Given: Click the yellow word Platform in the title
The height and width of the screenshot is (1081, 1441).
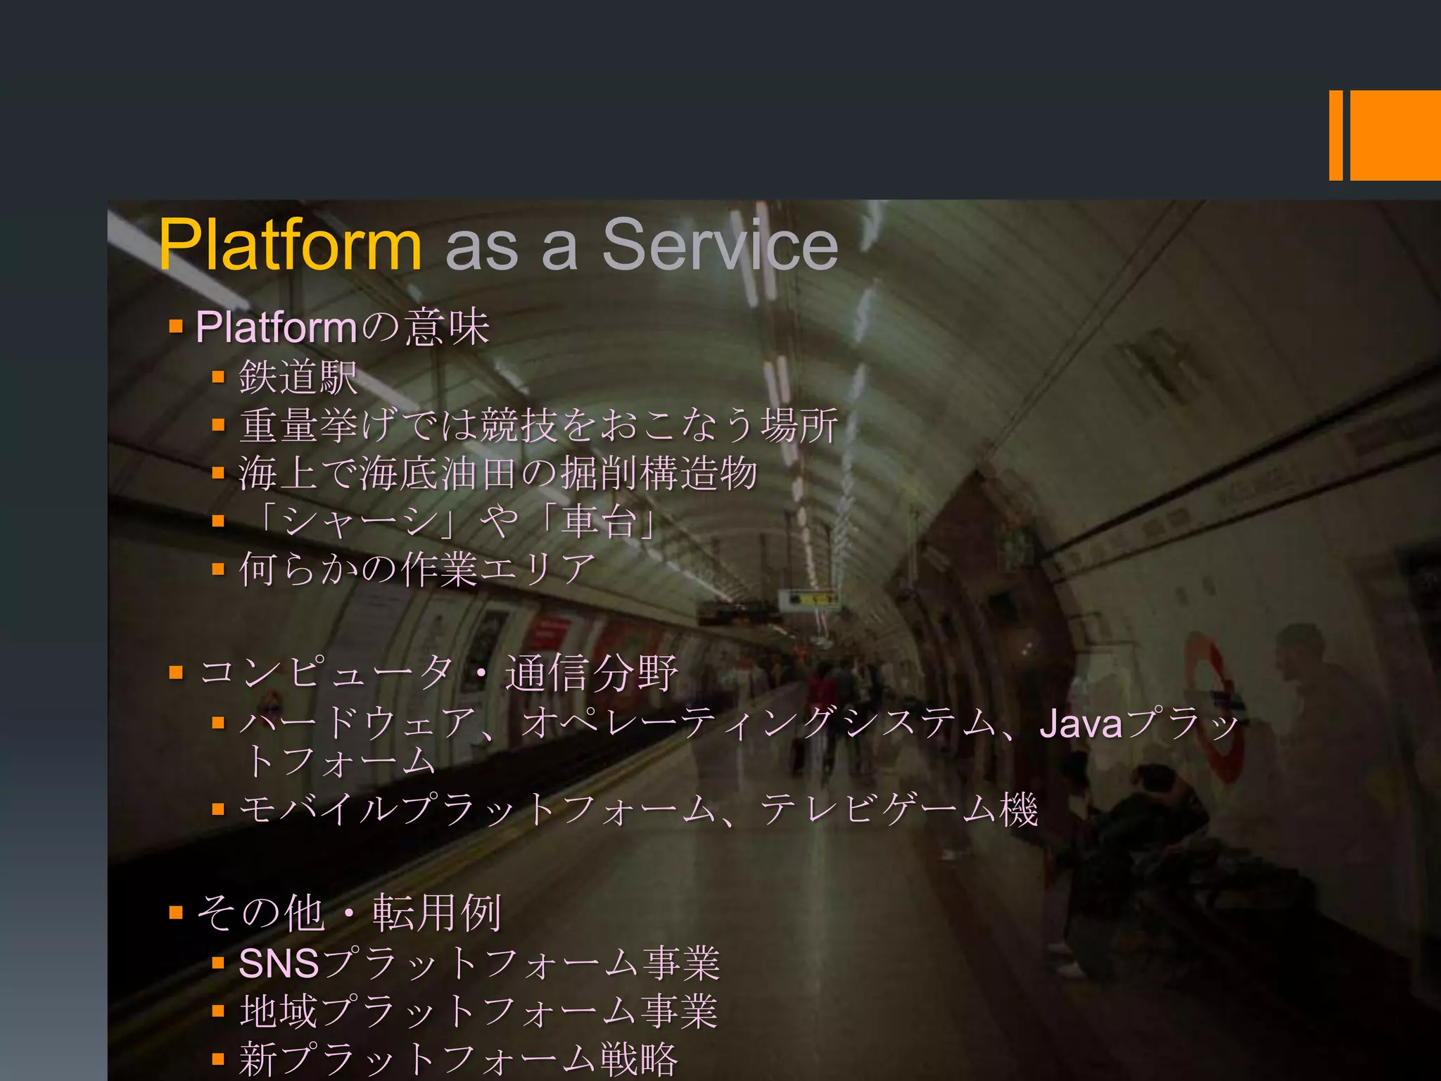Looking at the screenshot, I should (x=290, y=244).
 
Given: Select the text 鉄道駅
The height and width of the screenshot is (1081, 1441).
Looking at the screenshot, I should (x=298, y=377).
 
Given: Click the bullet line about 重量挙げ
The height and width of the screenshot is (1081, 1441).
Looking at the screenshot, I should (x=538, y=425).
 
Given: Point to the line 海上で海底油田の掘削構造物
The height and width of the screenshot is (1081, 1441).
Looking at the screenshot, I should (x=497, y=473).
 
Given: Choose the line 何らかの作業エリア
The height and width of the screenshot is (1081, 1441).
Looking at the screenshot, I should (x=417, y=569).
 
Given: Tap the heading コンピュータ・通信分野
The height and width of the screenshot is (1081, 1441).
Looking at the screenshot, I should (x=438, y=672).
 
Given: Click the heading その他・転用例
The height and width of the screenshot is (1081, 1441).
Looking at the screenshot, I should (x=349, y=913).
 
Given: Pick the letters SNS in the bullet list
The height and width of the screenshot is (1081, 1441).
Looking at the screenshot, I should (x=279, y=963).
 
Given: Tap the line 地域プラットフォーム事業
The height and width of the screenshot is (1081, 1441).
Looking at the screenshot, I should (x=478, y=1011).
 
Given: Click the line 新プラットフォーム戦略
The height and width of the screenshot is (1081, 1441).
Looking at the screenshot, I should (x=458, y=1058).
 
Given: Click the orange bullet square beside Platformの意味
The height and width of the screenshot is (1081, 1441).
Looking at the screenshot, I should (x=176, y=327).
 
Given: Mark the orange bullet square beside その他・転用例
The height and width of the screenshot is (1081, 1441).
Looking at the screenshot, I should (x=176, y=914).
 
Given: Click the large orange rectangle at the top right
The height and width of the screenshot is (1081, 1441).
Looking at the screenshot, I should (x=1395, y=135).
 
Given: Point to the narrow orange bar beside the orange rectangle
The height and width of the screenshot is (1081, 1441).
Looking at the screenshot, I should (x=1335, y=135).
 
